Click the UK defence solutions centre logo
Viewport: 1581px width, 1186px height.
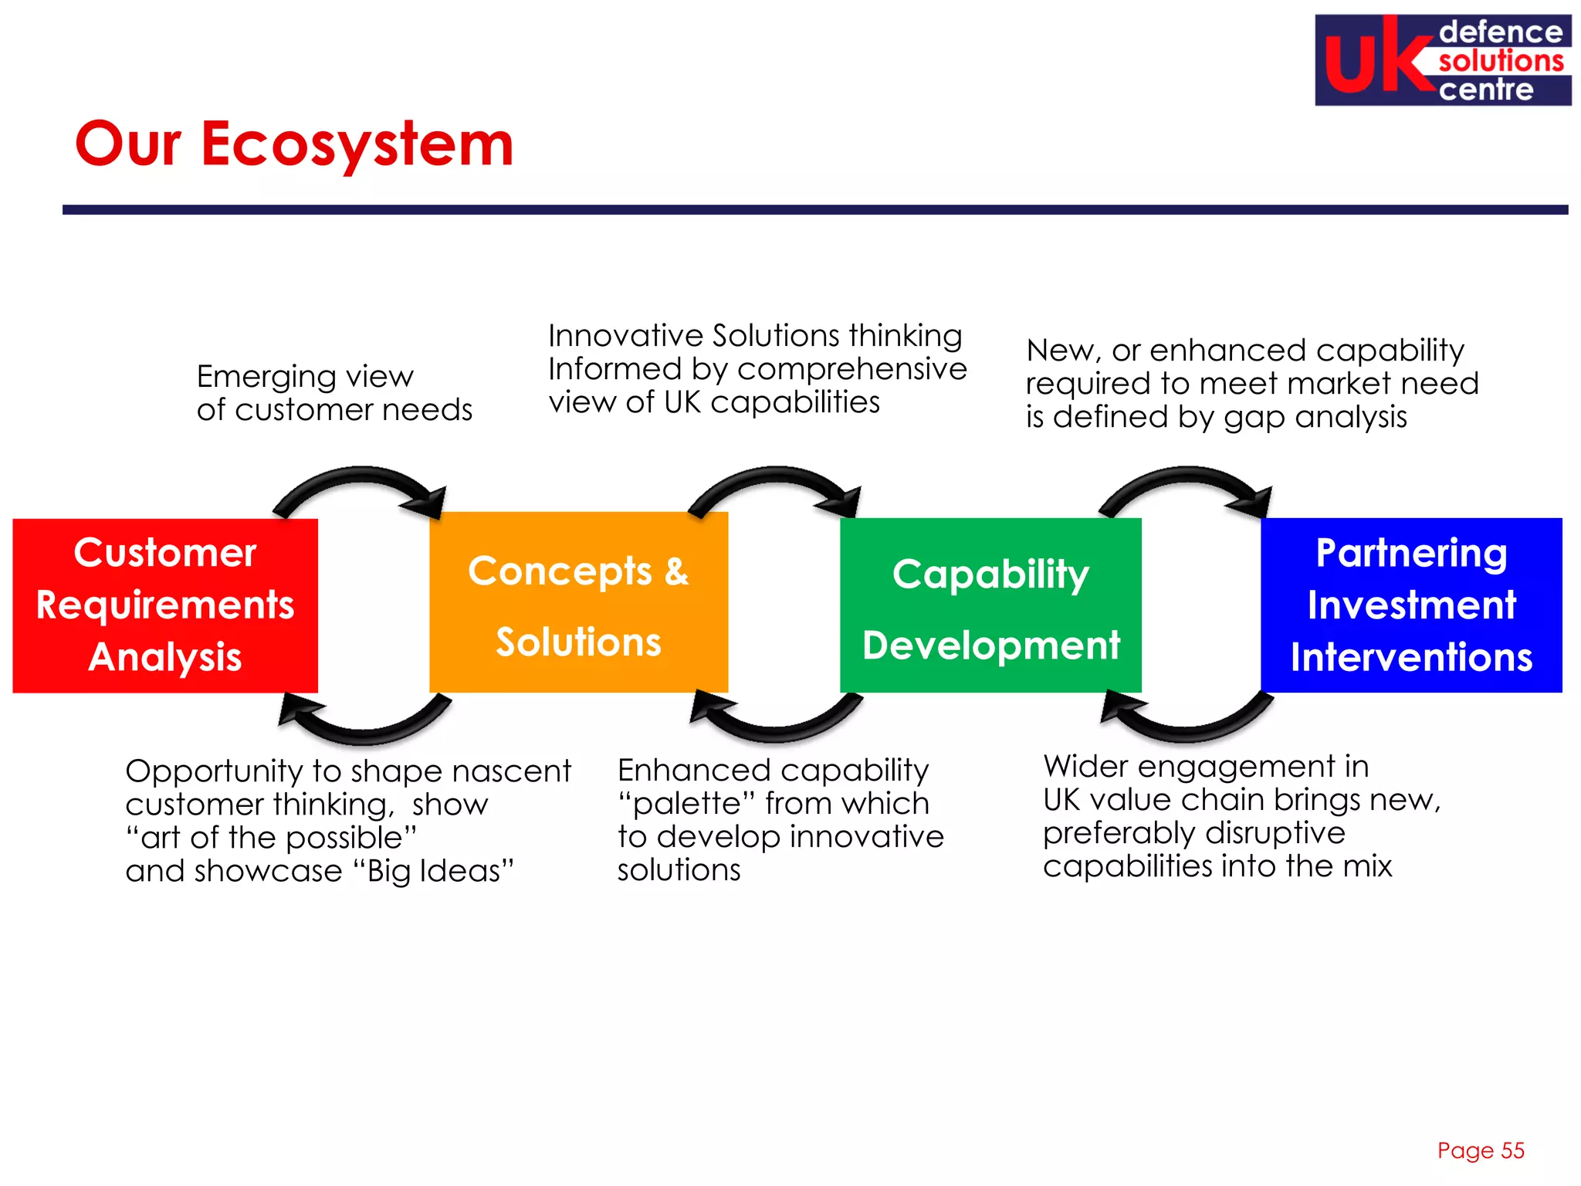[x=1442, y=60]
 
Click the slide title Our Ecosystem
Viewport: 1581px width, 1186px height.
[x=294, y=144]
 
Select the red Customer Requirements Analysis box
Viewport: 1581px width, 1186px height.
[x=165, y=605]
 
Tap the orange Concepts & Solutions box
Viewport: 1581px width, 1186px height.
[x=578, y=603]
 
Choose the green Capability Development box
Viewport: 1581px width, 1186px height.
[x=990, y=605]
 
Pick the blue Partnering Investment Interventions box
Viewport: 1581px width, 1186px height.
[x=1410, y=605]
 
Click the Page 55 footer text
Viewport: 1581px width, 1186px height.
[x=1480, y=1150]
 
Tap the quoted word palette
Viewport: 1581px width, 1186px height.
[x=687, y=804]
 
